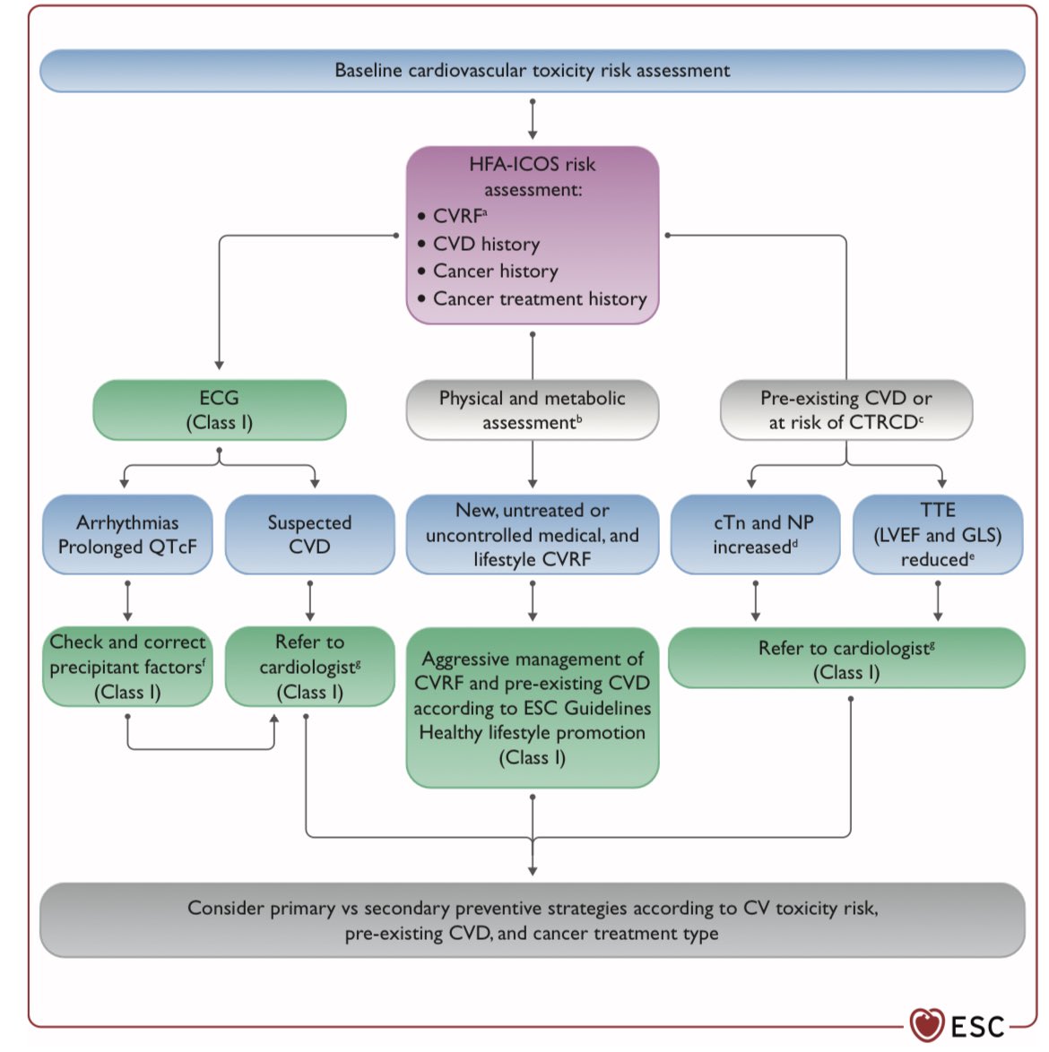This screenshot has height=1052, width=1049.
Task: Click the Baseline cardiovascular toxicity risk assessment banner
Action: [532, 71]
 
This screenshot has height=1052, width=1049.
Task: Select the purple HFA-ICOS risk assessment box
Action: [532, 235]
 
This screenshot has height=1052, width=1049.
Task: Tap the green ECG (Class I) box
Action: [219, 410]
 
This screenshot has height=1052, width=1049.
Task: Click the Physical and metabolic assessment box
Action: [532, 410]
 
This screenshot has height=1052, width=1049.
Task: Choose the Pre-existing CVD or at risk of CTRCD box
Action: [845, 410]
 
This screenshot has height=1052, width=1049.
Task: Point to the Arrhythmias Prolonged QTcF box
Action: [127, 535]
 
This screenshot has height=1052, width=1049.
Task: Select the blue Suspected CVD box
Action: [309, 535]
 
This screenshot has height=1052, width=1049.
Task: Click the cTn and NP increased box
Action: [755, 535]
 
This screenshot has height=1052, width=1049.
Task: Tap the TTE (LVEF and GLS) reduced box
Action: [937, 535]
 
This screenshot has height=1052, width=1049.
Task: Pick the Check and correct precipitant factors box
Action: [127, 667]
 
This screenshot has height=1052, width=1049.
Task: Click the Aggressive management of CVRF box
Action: [532, 708]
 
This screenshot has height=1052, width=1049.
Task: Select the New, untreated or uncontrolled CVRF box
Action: [532, 535]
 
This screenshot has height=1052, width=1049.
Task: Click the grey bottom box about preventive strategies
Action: [532, 920]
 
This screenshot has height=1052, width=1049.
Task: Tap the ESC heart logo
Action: [927, 1024]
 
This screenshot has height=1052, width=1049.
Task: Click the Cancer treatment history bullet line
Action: [539, 299]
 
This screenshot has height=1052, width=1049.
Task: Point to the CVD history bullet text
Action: [486, 244]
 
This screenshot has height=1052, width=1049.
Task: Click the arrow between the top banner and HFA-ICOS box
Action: [533, 118]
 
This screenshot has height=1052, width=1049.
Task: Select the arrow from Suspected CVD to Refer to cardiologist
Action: [310, 600]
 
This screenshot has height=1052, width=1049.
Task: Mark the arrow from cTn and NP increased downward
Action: [756, 600]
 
